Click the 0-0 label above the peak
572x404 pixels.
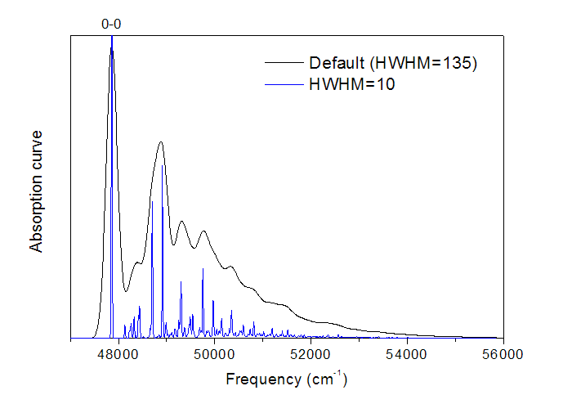click(x=111, y=25)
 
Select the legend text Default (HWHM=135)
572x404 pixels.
click(x=392, y=63)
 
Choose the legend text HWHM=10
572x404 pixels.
click(x=352, y=84)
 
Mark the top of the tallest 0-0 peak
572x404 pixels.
click(x=112, y=40)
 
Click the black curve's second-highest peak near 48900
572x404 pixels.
click(x=161, y=142)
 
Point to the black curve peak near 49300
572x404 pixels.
click(x=181, y=222)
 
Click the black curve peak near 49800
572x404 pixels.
click(x=203, y=231)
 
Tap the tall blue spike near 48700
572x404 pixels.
click(x=152, y=201)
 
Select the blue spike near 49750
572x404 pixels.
click(x=203, y=269)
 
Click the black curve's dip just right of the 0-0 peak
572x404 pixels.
click(x=127, y=290)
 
